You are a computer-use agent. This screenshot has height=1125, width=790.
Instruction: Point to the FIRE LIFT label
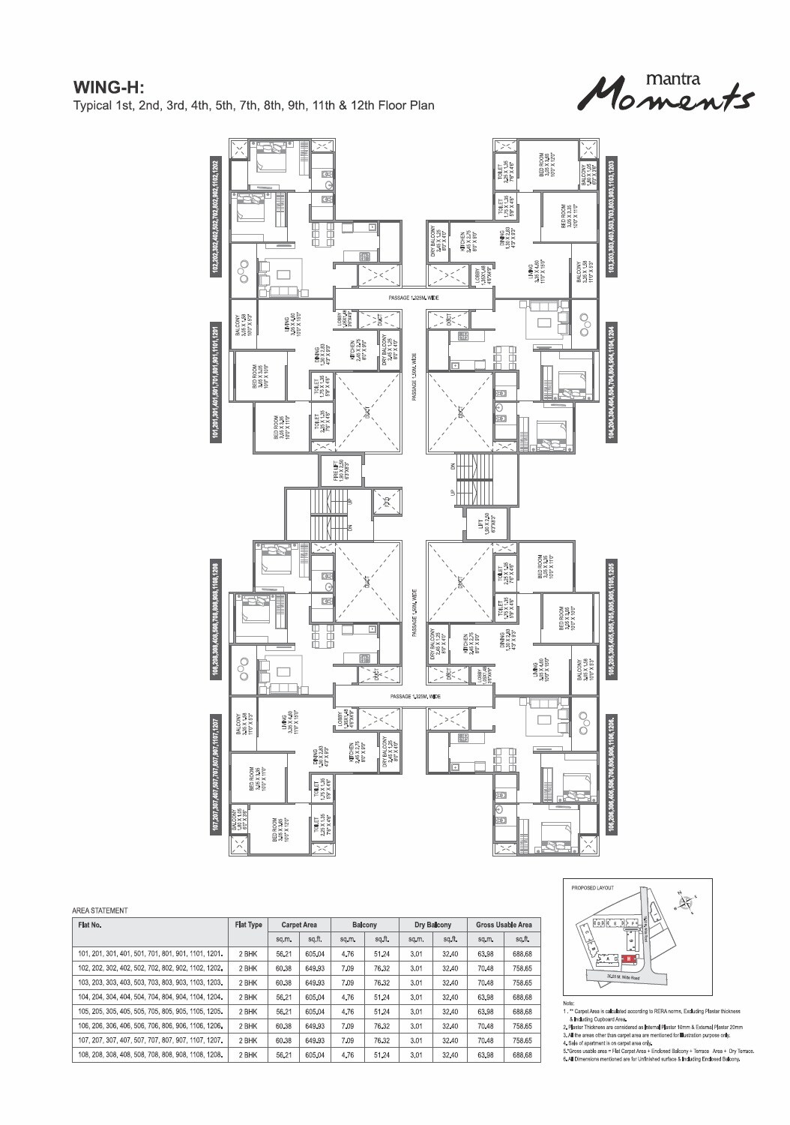pyautogui.click(x=338, y=472)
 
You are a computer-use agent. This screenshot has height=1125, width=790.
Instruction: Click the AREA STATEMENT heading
pyautogui.click(x=100, y=910)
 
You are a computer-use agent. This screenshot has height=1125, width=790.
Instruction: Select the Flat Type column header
pyautogui.click(x=248, y=925)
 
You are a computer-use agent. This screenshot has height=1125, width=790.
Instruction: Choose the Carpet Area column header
pyautogui.click(x=299, y=925)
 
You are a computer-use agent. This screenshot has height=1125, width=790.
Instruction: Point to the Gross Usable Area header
pyautogui.click(x=504, y=925)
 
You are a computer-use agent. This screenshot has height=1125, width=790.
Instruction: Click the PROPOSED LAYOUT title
pyautogui.click(x=592, y=887)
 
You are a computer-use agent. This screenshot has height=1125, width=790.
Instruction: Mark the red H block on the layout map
pyautogui.click(x=629, y=958)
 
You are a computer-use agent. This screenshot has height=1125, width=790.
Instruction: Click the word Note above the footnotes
pyautogui.click(x=569, y=1003)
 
